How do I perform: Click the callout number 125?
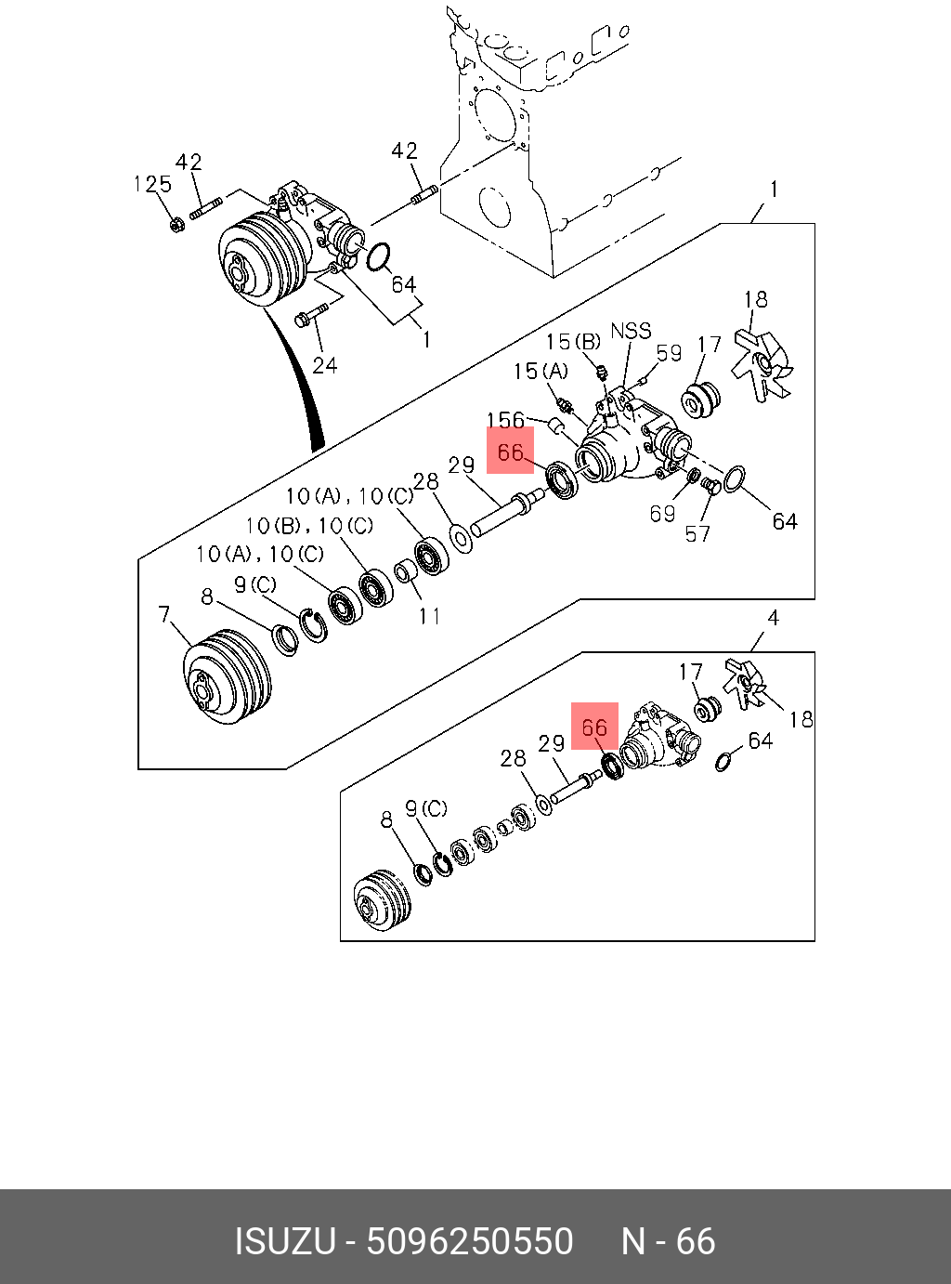point(152,184)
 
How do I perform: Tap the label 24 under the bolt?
point(324,365)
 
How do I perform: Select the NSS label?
point(631,331)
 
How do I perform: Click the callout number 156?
point(505,421)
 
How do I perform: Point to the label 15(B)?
point(572,342)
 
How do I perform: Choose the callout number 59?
point(669,353)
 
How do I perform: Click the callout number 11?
point(428,615)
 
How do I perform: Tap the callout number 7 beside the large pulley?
point(164,615)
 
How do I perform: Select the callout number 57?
point(697,533)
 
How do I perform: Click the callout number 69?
point(661,514)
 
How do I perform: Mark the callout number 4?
point(773,618)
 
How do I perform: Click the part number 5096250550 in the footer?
point(470,1242)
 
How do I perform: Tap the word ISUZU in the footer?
point(284,1242)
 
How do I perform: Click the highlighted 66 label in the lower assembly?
point(594,727)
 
